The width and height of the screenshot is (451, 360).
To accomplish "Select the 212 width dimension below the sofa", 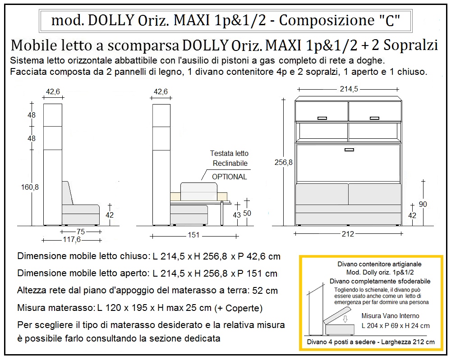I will [x=348, y=234].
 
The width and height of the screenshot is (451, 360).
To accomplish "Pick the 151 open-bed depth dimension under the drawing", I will [x=193, y=235].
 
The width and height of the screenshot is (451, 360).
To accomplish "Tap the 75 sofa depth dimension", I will [x=80, y=232].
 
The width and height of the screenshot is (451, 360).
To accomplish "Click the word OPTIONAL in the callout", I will [x=230, y=177].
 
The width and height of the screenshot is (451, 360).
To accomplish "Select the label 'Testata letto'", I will [x=229, y=154].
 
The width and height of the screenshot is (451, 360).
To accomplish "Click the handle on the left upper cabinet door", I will [x=322, y=118].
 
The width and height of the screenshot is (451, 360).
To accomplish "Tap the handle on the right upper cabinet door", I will [x=374, y=118].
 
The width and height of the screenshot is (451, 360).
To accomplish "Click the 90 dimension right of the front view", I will [x=423, y=204].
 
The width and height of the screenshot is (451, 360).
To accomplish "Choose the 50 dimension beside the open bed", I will [x=247, y=213].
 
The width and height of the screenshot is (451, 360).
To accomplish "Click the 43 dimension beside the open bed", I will [x=236, y=215].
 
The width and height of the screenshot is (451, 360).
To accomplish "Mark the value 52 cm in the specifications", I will [x=266, y=291].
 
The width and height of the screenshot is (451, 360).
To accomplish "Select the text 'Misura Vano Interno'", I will [x=390, y=316].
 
